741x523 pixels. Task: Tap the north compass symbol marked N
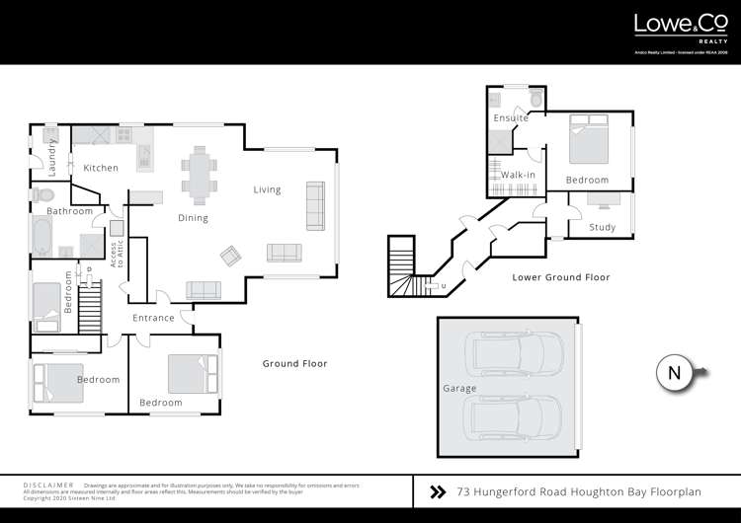674,373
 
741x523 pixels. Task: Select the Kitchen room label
101,168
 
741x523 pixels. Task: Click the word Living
267,189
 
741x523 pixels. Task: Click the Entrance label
154,318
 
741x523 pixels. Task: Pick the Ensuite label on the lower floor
511,118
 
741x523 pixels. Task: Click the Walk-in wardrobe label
518,175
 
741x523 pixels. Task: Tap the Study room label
602,228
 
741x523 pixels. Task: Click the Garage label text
460,388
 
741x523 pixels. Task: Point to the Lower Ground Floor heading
561,277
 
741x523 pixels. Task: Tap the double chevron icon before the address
438,490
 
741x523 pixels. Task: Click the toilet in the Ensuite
535,100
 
